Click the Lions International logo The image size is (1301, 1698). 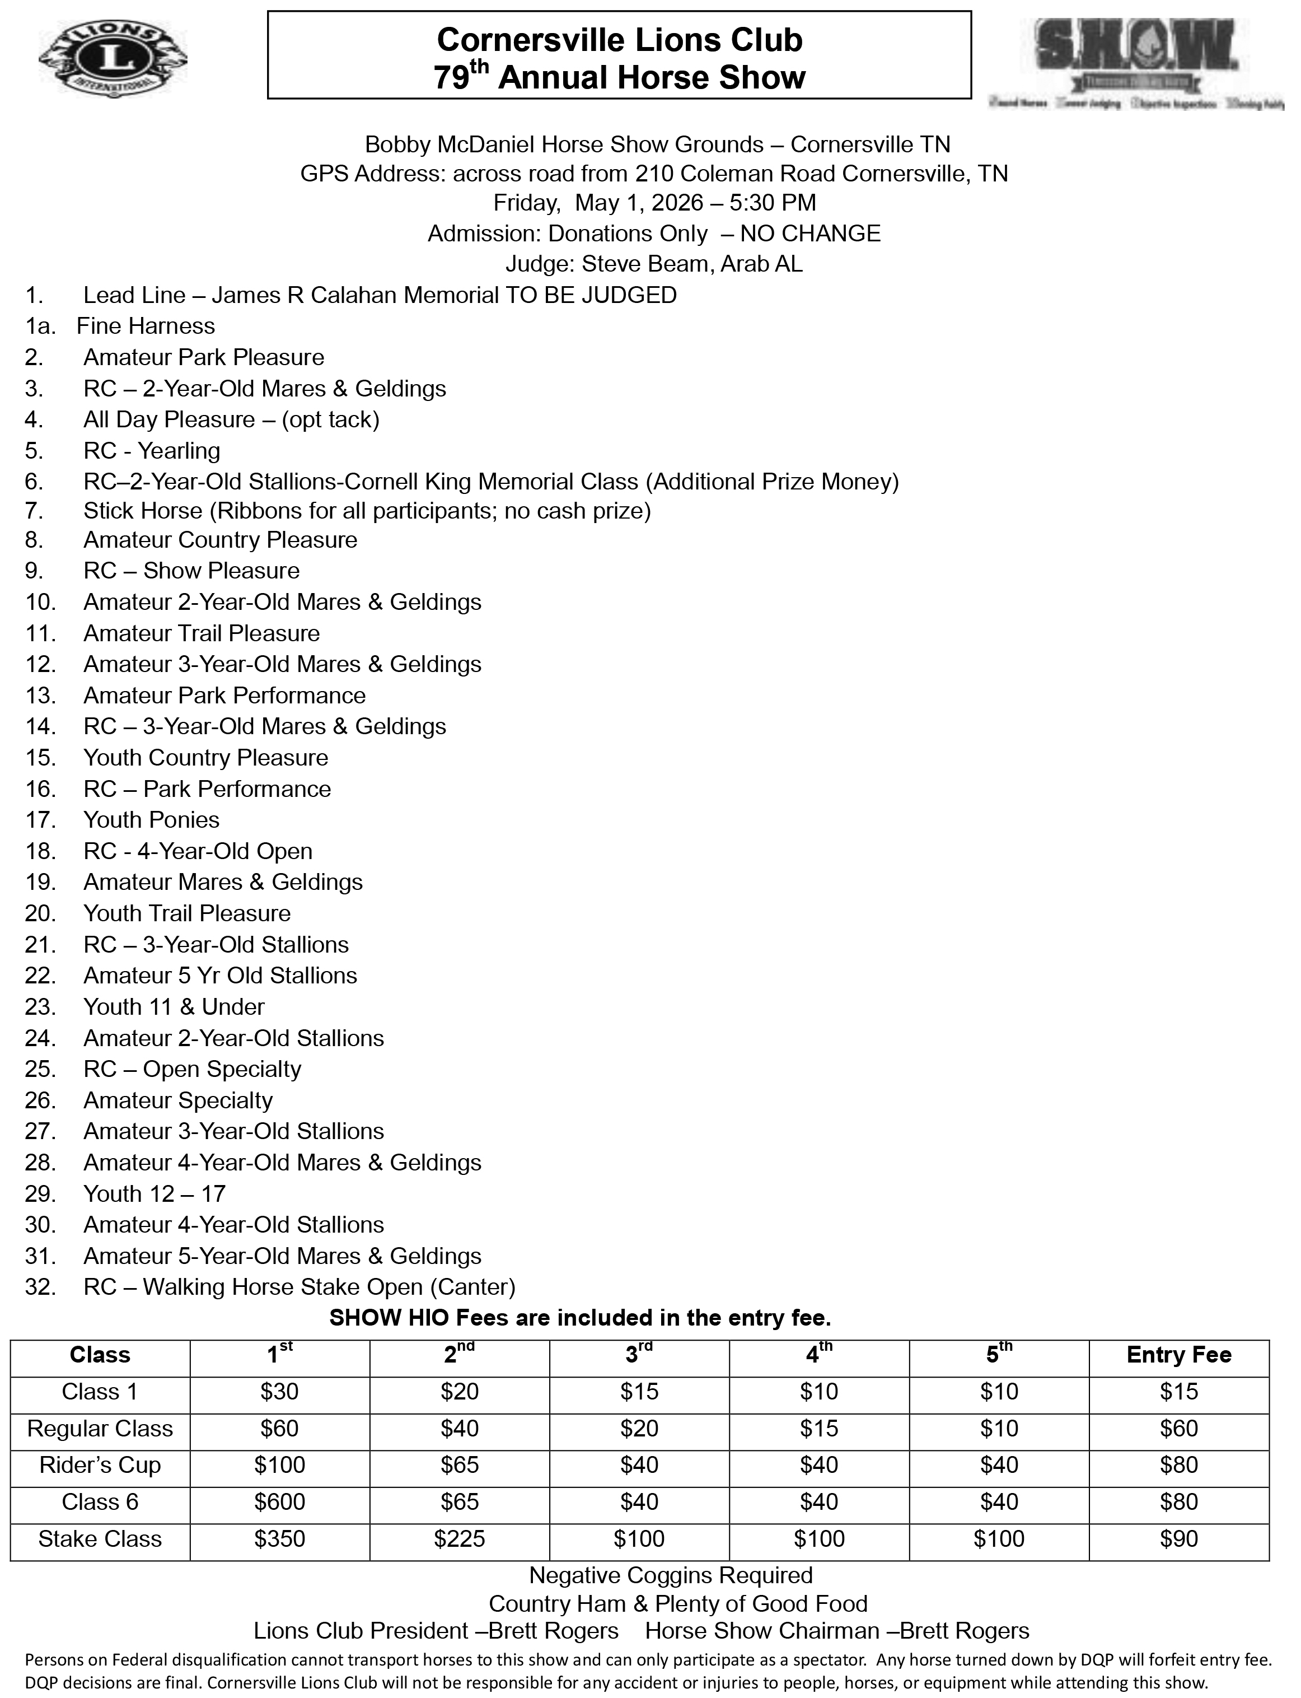point(113,59)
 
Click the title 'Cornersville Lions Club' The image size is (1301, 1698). point(620,40)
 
